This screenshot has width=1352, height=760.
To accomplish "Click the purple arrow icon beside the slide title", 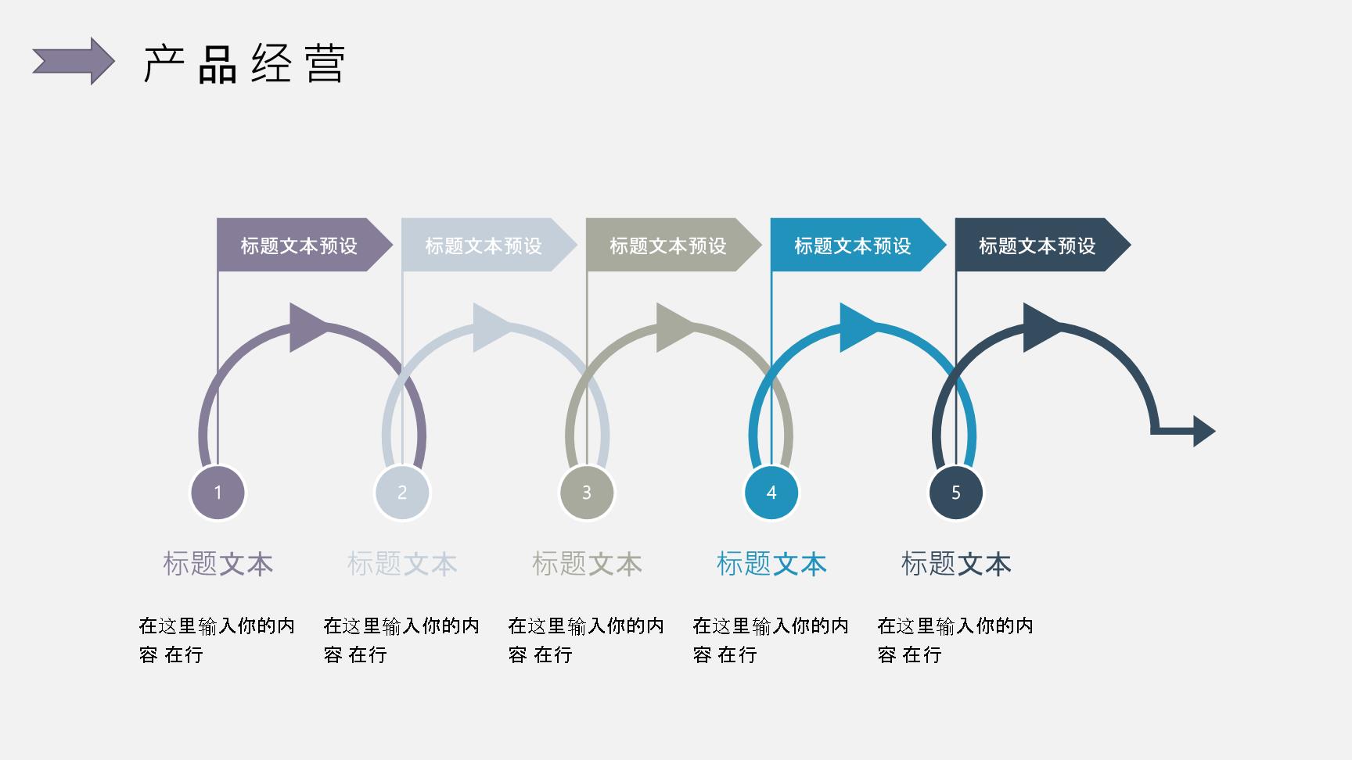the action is pos(74,61).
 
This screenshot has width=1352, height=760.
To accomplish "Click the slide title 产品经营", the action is pos(244,63).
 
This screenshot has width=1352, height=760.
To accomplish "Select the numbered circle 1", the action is pos(218,493).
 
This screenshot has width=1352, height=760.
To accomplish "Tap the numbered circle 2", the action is pos(402,493).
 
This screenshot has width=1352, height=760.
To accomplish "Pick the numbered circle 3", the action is pos(587,493).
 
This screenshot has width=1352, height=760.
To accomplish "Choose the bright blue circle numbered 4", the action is pos(771,493).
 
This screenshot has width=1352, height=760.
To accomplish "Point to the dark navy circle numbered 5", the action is pos(956,493).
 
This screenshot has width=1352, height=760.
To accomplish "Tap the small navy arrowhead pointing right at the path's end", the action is pos(1203,431).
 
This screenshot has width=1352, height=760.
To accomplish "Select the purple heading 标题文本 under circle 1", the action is pos(218,564).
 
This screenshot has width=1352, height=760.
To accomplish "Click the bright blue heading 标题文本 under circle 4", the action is pos(771,564).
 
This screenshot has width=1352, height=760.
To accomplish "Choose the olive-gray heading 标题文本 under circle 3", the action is pos(587,564).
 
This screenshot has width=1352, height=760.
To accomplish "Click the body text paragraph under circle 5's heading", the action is pos(955,640).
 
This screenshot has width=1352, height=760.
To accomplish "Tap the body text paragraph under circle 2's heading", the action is pos(401,640).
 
